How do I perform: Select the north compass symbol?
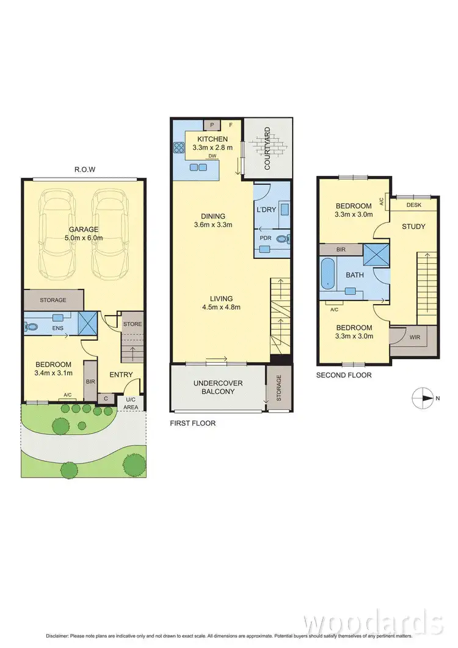pos(422,399)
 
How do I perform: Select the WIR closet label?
pos(415,336)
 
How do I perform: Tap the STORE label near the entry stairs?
pos(132,324)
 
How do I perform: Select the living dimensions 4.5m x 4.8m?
pos(222,307)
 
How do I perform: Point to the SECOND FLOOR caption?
pos(344,376)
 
